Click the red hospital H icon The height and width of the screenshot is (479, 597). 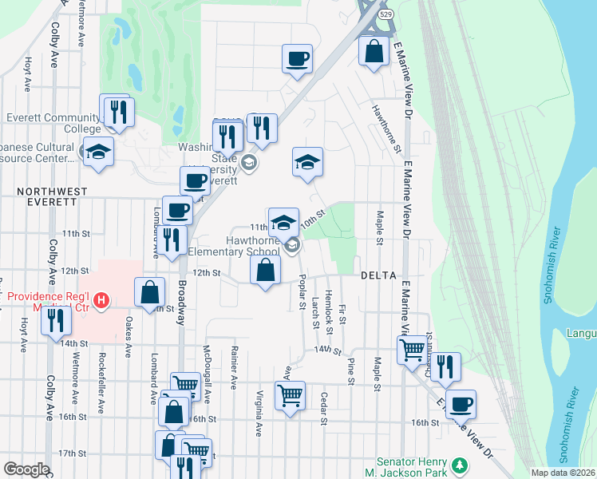(101, 301)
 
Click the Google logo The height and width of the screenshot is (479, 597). (26, 469)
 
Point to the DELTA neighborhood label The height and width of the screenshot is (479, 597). (378, 275)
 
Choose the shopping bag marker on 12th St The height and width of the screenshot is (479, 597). (266, 270)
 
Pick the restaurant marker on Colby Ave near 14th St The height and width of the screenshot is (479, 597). (56, 320)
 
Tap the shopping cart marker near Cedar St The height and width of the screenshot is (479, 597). (290, 394)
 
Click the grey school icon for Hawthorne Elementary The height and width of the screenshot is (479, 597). (293, 245)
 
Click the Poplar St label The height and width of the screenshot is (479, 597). (302, 291)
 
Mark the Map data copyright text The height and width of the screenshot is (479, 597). (563, 473)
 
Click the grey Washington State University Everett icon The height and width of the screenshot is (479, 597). (250, 164)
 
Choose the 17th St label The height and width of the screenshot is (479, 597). (72, 453)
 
